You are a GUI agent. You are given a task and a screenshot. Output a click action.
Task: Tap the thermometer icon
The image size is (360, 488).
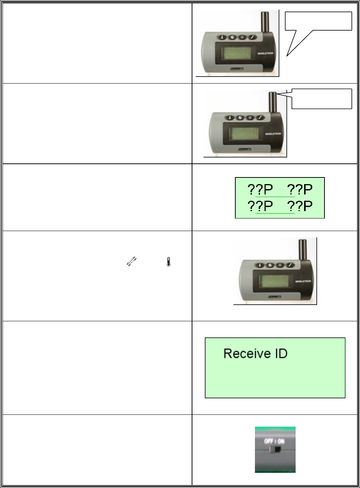(x=169, y=262)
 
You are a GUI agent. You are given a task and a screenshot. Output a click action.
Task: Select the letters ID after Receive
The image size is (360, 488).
(x=281, y=354)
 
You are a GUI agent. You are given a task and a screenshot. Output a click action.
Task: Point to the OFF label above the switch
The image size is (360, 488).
(x=269, y=441)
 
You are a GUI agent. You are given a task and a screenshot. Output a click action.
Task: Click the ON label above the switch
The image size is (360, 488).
(x=281, y=441)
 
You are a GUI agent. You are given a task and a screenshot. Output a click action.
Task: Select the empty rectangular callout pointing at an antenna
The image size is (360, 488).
(x=322, y=99)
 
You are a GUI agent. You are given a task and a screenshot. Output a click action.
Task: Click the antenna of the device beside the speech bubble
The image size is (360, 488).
(x=265, y=22)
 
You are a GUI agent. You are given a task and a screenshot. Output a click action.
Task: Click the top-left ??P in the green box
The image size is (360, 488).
(x=260, y=190)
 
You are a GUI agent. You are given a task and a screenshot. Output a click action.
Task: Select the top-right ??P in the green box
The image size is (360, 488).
(x=300, y=190)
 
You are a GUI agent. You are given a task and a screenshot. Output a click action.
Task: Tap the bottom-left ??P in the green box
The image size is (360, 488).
(x=260, y=206)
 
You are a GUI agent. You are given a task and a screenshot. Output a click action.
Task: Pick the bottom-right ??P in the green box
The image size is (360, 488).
(x=300, y=206)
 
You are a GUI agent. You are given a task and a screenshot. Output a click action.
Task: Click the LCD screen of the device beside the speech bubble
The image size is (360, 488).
(x=237, y=54)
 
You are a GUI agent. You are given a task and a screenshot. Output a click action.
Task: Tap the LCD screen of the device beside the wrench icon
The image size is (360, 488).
(x=274, y=282)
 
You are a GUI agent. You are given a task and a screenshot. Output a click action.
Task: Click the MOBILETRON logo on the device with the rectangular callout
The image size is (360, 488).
(x=273, y=134)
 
